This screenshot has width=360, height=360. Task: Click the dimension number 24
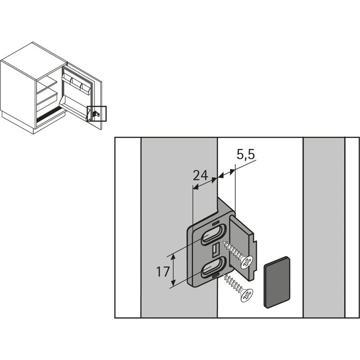(200, 175)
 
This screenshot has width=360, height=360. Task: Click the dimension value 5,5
(246, 155)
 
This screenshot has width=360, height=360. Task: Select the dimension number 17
(163, 272)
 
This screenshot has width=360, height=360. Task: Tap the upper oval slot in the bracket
(213, 234)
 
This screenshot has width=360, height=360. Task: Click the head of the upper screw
(246, 262)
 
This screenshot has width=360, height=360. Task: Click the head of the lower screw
(246, 295)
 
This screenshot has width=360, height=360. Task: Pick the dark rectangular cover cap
(277, 282)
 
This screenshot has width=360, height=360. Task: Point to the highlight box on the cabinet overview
(97, 113)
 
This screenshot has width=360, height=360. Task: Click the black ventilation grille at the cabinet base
(50, 117)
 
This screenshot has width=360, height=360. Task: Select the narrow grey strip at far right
(324, 228)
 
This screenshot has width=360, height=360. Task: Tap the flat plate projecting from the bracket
(243, 248)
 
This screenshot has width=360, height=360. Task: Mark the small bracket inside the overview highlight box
(95, 114)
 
